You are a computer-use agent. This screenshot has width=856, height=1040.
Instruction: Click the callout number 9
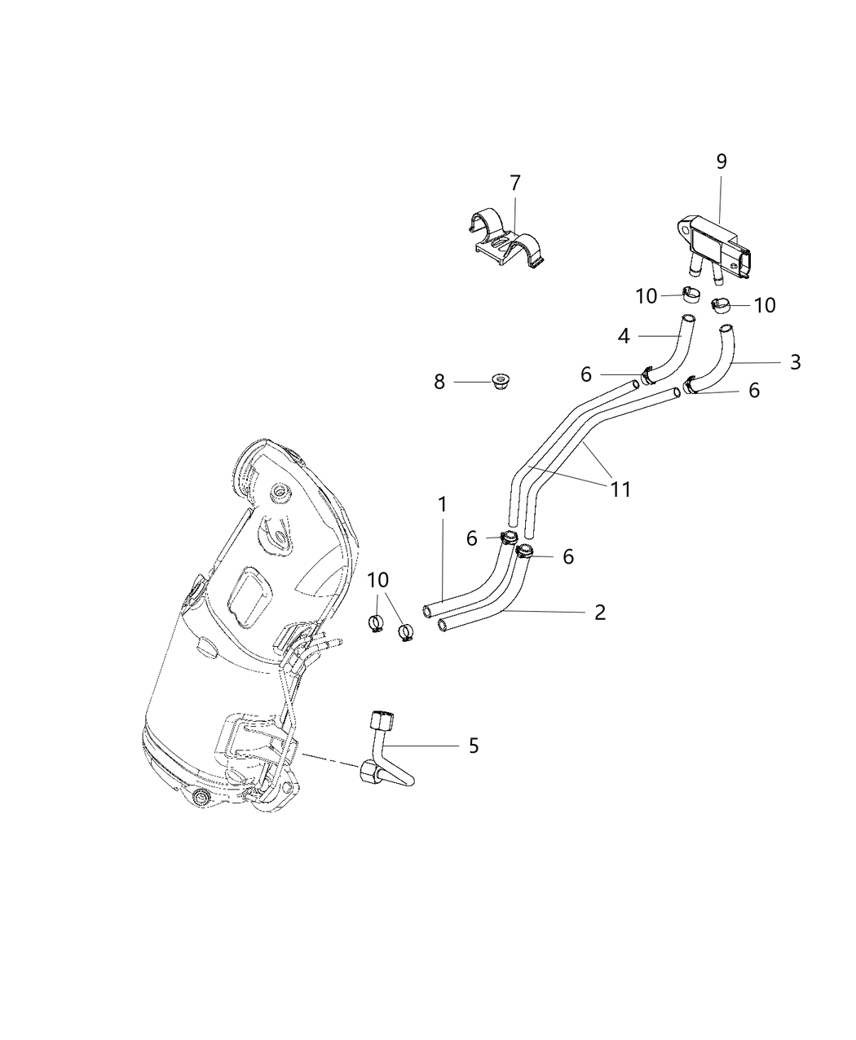pos(721,162)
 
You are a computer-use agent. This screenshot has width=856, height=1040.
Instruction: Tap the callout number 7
pos(514,184)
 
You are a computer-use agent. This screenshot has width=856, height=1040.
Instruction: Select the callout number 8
pos(439,381)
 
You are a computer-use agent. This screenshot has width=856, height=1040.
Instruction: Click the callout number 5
pos(473,746)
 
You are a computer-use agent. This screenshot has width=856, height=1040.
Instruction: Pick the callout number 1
pos(442,505)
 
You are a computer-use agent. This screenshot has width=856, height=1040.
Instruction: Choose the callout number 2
pos(600,612)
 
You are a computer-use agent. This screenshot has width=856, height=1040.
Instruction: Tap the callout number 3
pos(795,361)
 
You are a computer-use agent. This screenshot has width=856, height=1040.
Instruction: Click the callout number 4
pos(624,334)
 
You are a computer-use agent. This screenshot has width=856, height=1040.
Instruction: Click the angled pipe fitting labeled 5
pos(383,755)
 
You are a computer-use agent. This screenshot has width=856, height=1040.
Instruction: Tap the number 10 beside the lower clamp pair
pos(377,580)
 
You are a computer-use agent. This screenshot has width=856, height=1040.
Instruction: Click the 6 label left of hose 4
pos(585,374)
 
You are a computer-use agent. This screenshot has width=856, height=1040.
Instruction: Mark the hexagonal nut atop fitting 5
pos(382,721)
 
